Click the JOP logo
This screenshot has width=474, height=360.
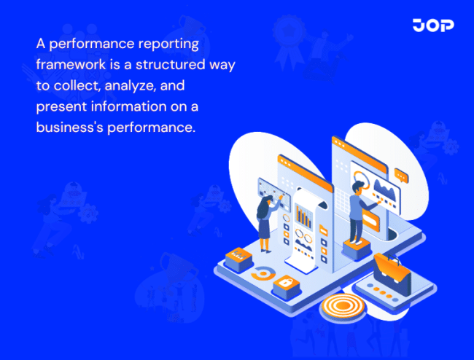pos(432,26)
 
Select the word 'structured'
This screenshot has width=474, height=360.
pos(171,64)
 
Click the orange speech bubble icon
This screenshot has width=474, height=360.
pos(400,175)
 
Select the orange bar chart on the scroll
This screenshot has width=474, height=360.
pos(302,216)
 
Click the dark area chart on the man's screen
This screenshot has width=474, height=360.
pos(383,191)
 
